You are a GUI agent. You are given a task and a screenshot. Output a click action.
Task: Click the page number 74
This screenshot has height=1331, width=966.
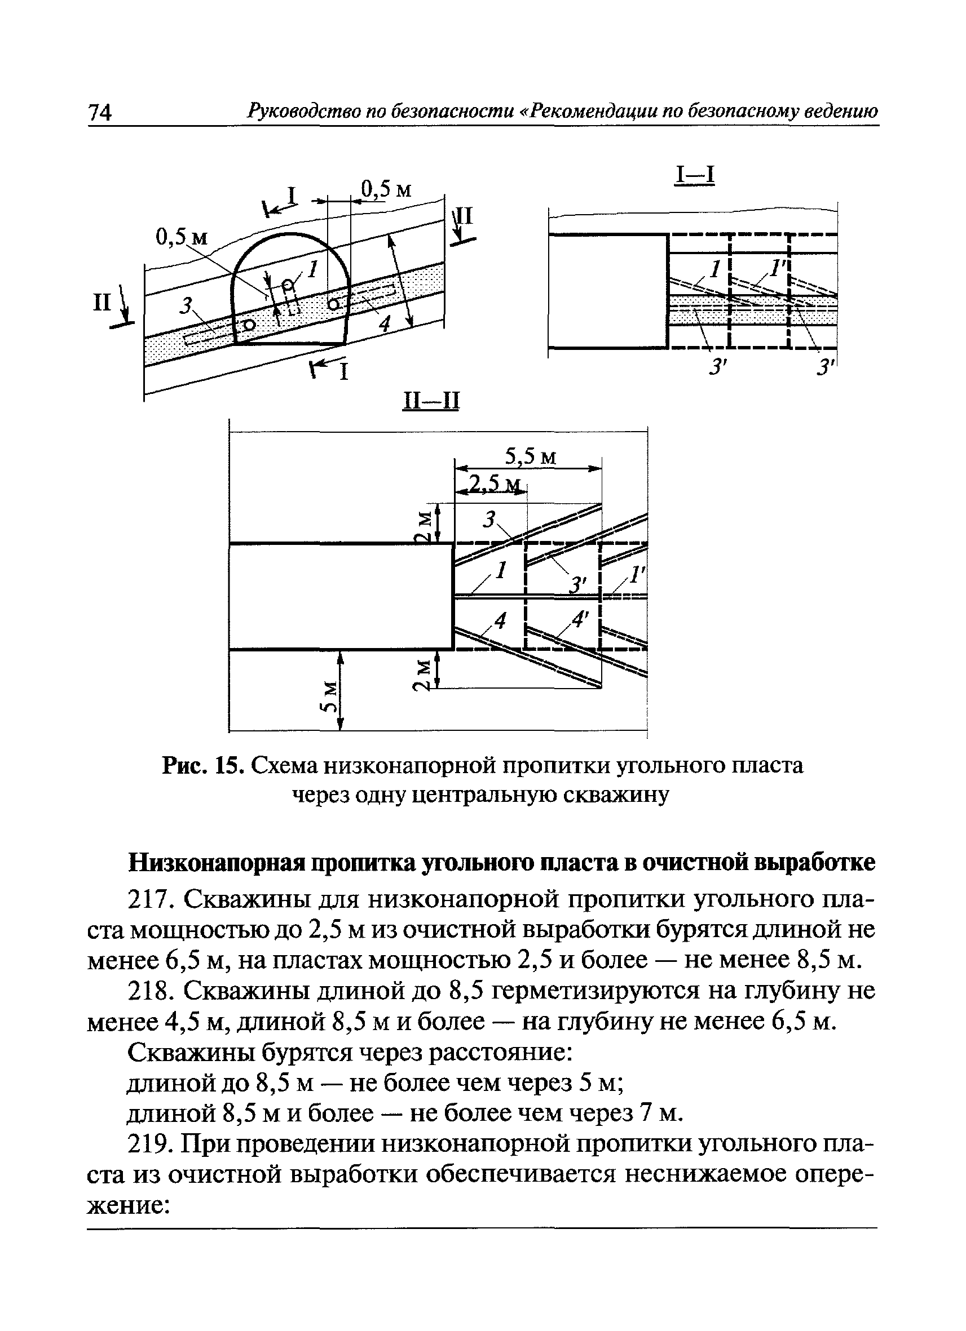[x=100, y=112]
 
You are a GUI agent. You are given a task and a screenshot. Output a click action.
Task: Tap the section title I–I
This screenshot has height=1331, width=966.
[x=695, y=175]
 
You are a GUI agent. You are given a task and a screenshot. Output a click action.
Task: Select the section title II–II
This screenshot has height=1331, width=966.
[x=430, y=401]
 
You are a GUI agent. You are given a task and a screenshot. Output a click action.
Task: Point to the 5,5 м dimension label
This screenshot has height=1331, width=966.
[x=530, y=456]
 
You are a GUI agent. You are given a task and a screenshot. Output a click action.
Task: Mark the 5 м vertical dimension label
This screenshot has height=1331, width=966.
[x=330, y=696]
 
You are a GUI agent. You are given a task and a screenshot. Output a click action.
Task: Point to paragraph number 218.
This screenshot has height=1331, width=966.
[x=151, y=991]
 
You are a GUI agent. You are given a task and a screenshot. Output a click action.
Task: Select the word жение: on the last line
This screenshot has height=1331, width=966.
[x=129, y=1205]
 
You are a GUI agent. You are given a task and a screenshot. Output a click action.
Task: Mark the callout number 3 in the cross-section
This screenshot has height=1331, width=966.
[x=187, y=305]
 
